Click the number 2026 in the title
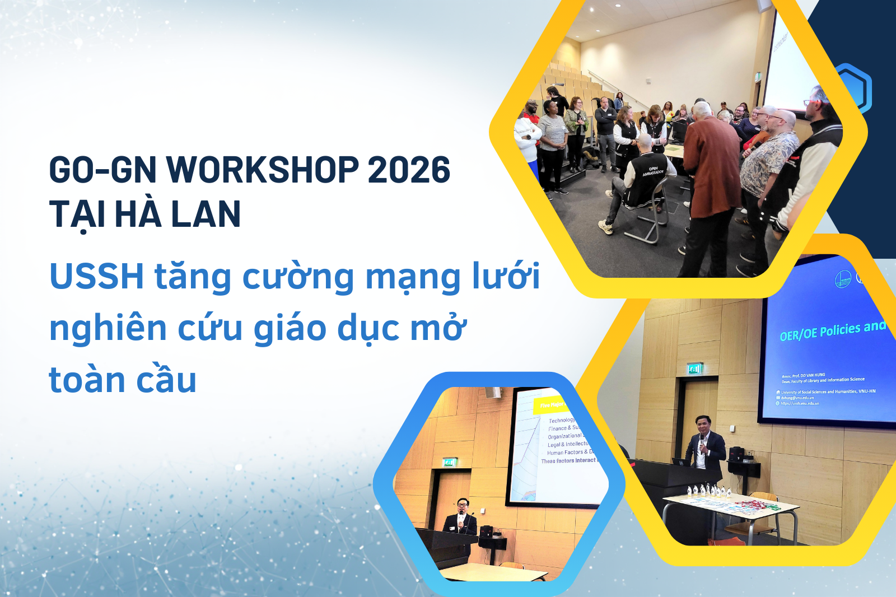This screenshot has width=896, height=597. point(409,170)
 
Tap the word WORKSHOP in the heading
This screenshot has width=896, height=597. point(263,170)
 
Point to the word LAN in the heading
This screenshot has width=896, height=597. point(206,214)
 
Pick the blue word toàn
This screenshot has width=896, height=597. point(87,380)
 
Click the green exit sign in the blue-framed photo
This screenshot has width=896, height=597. point(450,462)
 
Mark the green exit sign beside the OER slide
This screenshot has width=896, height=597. point(694,369)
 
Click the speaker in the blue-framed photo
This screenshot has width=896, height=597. point(462,518)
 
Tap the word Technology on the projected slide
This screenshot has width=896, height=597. point(562,420)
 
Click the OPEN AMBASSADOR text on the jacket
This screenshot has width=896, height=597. point(653,171)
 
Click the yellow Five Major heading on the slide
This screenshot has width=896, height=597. point(552,405)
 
